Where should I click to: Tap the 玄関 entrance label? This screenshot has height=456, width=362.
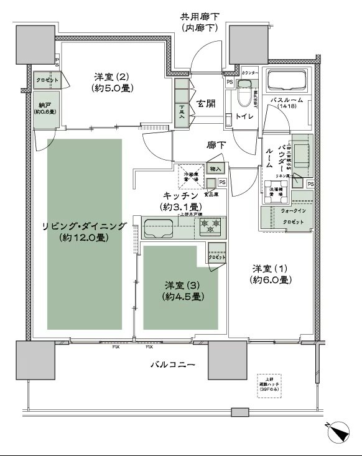pos(207,104)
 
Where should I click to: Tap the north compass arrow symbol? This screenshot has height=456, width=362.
pos(339,430)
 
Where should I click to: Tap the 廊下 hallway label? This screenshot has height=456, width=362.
pos(216,144)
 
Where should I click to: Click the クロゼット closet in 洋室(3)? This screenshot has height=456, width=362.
pos(216,256)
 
